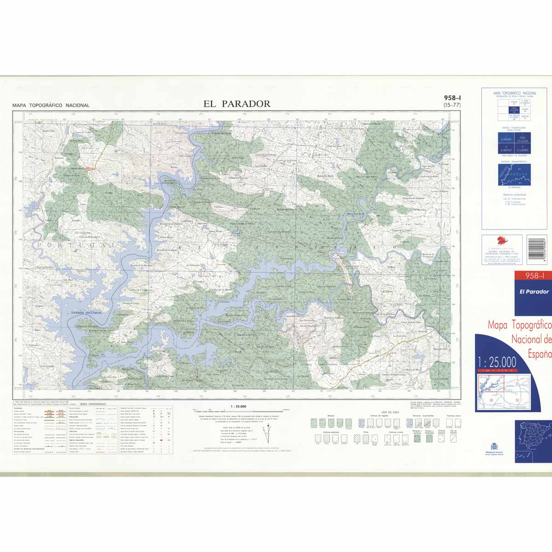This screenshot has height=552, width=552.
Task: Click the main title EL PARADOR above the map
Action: (x=237, y=104)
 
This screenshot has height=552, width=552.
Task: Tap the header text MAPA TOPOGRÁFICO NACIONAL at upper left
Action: (x=51, y=105)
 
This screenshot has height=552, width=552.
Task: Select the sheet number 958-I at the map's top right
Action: (x=453, y=98)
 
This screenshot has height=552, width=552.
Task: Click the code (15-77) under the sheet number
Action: (x=452, y=105)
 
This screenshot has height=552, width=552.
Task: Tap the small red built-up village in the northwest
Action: (x=87, y=169)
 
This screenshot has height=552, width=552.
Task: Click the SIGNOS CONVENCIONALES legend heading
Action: (x=93, y=404)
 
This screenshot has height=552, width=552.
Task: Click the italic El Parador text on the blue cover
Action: (x=534, y=292)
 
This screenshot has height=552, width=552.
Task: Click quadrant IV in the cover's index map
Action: (x=517, y=400)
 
